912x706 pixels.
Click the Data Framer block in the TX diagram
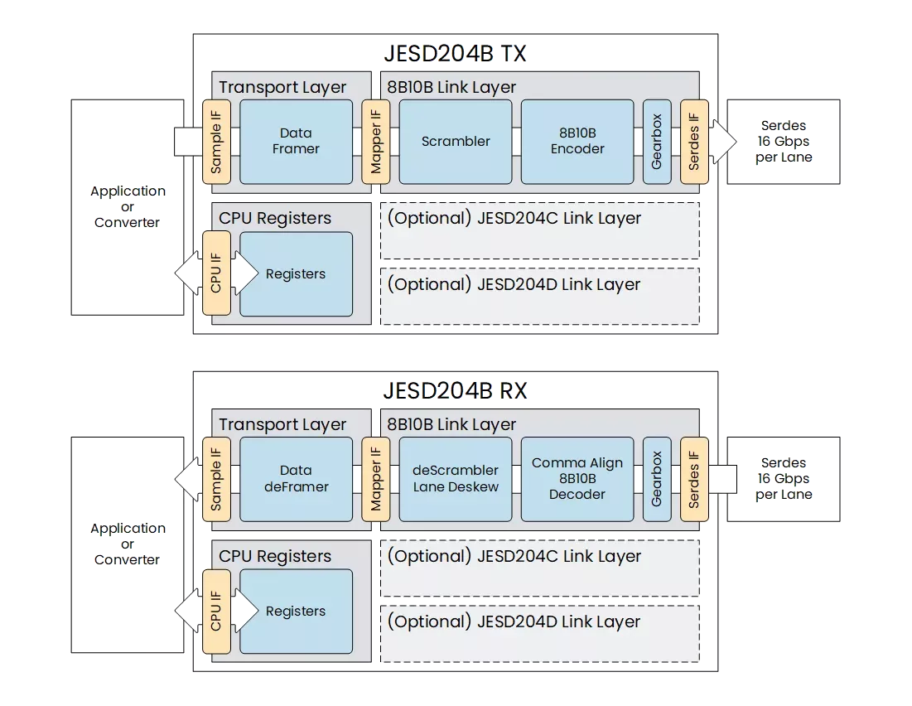point(296,141)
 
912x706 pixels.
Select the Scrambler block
point(456,142)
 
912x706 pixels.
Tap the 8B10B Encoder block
point(577,142)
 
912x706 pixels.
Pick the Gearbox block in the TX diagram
point(657,142)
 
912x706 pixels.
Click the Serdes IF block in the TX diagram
point(694,142)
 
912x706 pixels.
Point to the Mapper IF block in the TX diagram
point(376,142)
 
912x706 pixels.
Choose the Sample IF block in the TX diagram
point(216,142)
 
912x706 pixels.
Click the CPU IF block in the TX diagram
point(216,273)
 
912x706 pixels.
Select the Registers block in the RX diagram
point(296,612)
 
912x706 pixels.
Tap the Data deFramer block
point(296,479)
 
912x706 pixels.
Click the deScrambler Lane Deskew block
point(456,479)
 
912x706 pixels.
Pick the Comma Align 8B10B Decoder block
point(577,479)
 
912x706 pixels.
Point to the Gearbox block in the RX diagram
point(657,479)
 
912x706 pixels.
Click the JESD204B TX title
point(456,55)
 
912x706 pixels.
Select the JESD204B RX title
point(456,390)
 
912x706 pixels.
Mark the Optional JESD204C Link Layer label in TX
point(514,219)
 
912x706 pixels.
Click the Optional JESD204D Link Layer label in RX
point(514,621)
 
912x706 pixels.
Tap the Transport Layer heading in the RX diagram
point(282,425)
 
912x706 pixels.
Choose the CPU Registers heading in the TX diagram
point(275,219)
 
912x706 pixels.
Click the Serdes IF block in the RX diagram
point(694,479)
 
